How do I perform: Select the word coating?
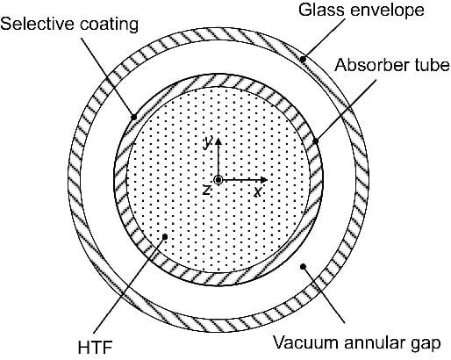[x=109, y=24]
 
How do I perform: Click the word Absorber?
[x=370, y=64]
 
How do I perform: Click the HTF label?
[x=96, y=348]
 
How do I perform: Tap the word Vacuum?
[x=302, y=342]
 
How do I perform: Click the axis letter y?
[x=208, y=142]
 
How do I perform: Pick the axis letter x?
[x=258, y=192]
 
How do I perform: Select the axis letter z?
[x=207, y=190]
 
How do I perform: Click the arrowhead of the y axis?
[x=218, y=141]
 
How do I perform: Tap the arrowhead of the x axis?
[x=264, y=180]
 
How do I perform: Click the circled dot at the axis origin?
[x=218, y=180]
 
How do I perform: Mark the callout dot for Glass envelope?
[x=303, y=59]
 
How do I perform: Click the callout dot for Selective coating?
[x=133, y=117]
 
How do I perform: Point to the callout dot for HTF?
[x=165, y=236]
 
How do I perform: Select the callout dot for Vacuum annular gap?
[x=303, y=266]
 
